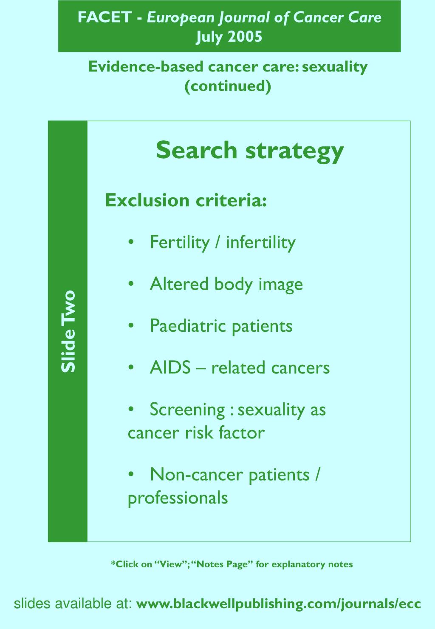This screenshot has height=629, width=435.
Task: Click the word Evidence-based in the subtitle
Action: pyautogui.click(x=146, y=67)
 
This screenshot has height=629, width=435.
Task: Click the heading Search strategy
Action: pyautogui.click(x=249, y=150)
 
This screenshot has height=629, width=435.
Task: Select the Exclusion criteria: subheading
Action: pyautogui.click(x=186, y=200)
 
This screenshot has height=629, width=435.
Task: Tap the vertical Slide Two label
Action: pyautogui.click(x=68, y=331)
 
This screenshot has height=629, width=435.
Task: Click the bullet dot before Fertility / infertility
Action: pyautogui.click(x=132, y=243)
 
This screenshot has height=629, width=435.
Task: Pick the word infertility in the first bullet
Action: pyautogui.click(x=260, y=242)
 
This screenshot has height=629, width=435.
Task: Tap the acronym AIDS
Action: pyautogui.click(x=170, y=368)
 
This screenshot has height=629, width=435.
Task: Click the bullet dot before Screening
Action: pyautogui.click(x=132, y=410)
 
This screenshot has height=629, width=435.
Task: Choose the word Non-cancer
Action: pyautogui.click(x=196, y=475)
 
